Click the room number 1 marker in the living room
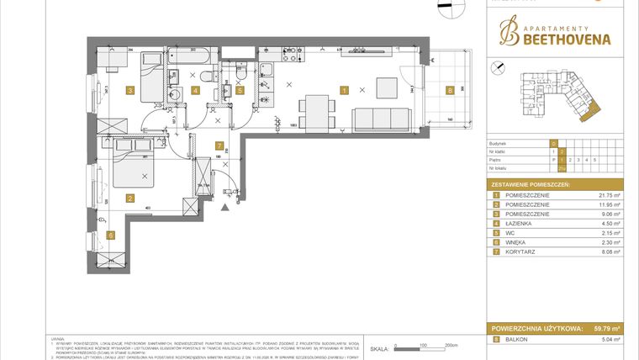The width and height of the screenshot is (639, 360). (344, 90)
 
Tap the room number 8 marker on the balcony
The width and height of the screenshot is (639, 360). (450, 90)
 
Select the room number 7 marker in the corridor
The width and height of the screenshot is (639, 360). (219, 145)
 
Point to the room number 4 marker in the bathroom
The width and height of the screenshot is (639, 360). (195, 90)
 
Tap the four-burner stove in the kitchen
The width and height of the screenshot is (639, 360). (264, 58)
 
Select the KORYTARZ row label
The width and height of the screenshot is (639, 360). (520, 251)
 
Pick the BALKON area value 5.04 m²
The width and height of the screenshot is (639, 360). (607, 339)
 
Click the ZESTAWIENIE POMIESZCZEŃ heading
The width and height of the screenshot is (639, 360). (531, 183)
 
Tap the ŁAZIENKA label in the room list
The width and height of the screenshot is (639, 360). (520, 223)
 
